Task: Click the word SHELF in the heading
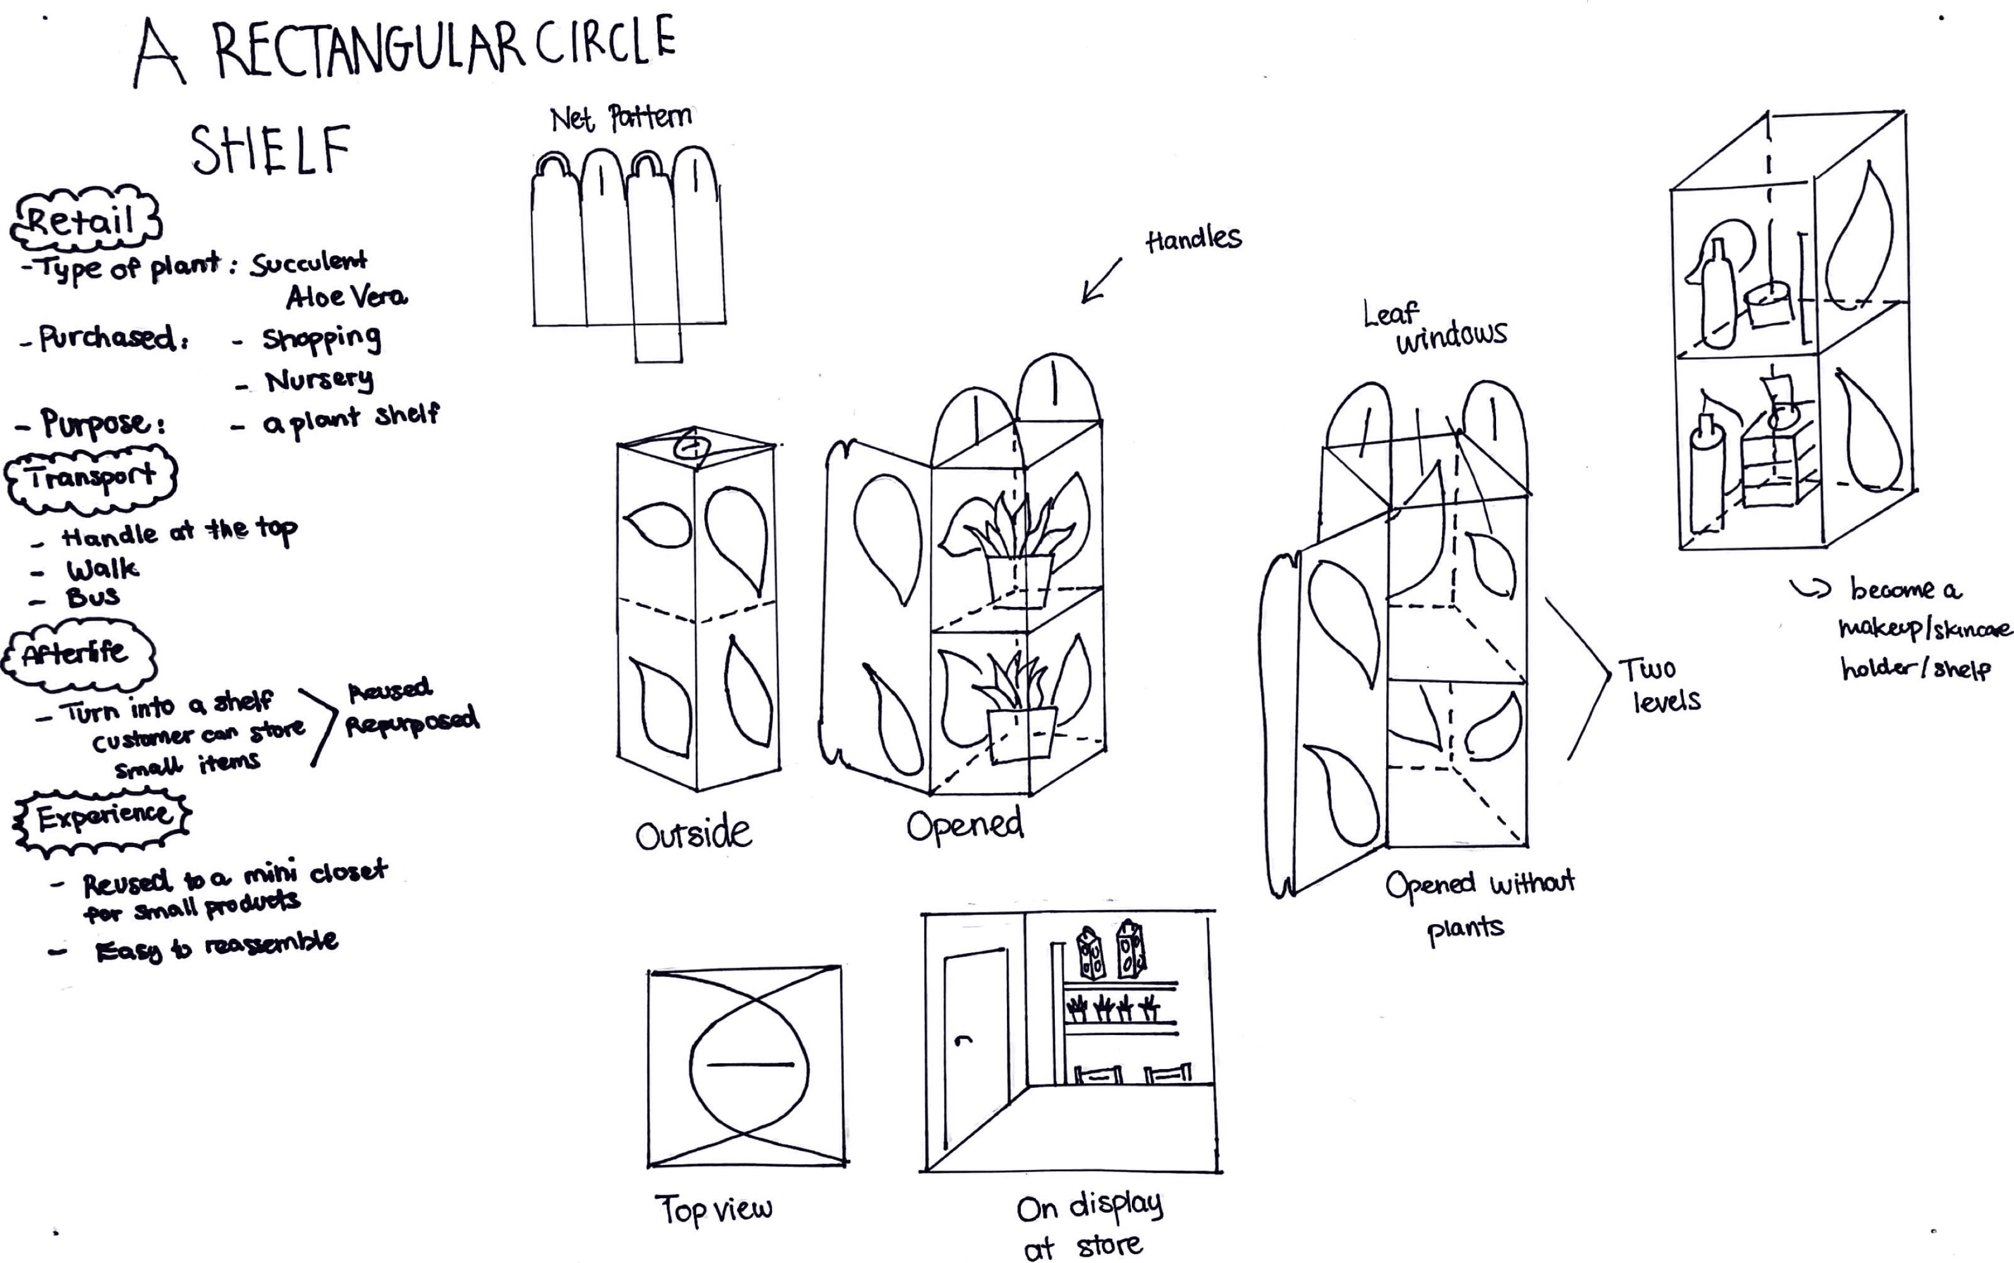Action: [270, 150]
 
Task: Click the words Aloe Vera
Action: [346, 297]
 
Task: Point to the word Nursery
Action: [319, 381]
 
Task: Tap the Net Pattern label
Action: [620, 118]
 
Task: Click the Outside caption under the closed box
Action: [693, 834]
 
